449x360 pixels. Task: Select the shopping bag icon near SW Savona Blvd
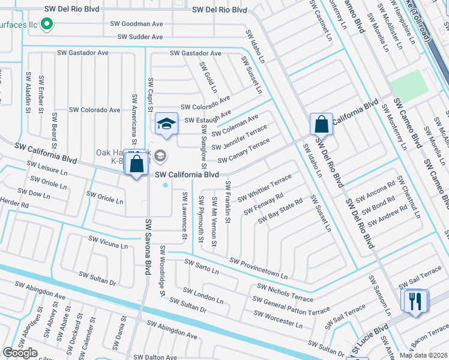[136, 162]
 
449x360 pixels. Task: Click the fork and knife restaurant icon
[415, 301]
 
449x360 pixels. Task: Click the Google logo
[20, 353]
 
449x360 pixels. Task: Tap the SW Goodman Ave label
[137, 25]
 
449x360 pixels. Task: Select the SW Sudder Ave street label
[140, 37]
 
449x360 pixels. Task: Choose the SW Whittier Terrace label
[264, 188]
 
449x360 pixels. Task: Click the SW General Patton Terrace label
[293, 307]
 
